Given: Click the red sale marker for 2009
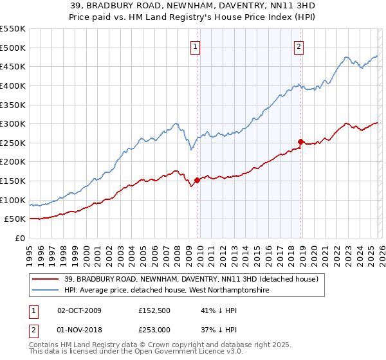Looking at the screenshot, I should coord(197,180).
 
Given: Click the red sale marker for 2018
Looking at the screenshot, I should coord(300,141).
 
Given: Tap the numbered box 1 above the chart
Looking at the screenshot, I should coord(195,46).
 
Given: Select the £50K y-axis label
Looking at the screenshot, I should coord(15,219).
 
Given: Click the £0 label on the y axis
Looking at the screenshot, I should coord(21,239).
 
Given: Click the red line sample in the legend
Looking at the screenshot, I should coord(46,279).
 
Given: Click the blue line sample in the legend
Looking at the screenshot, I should coord(46,291).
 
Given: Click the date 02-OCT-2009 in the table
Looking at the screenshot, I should coord(79,310).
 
